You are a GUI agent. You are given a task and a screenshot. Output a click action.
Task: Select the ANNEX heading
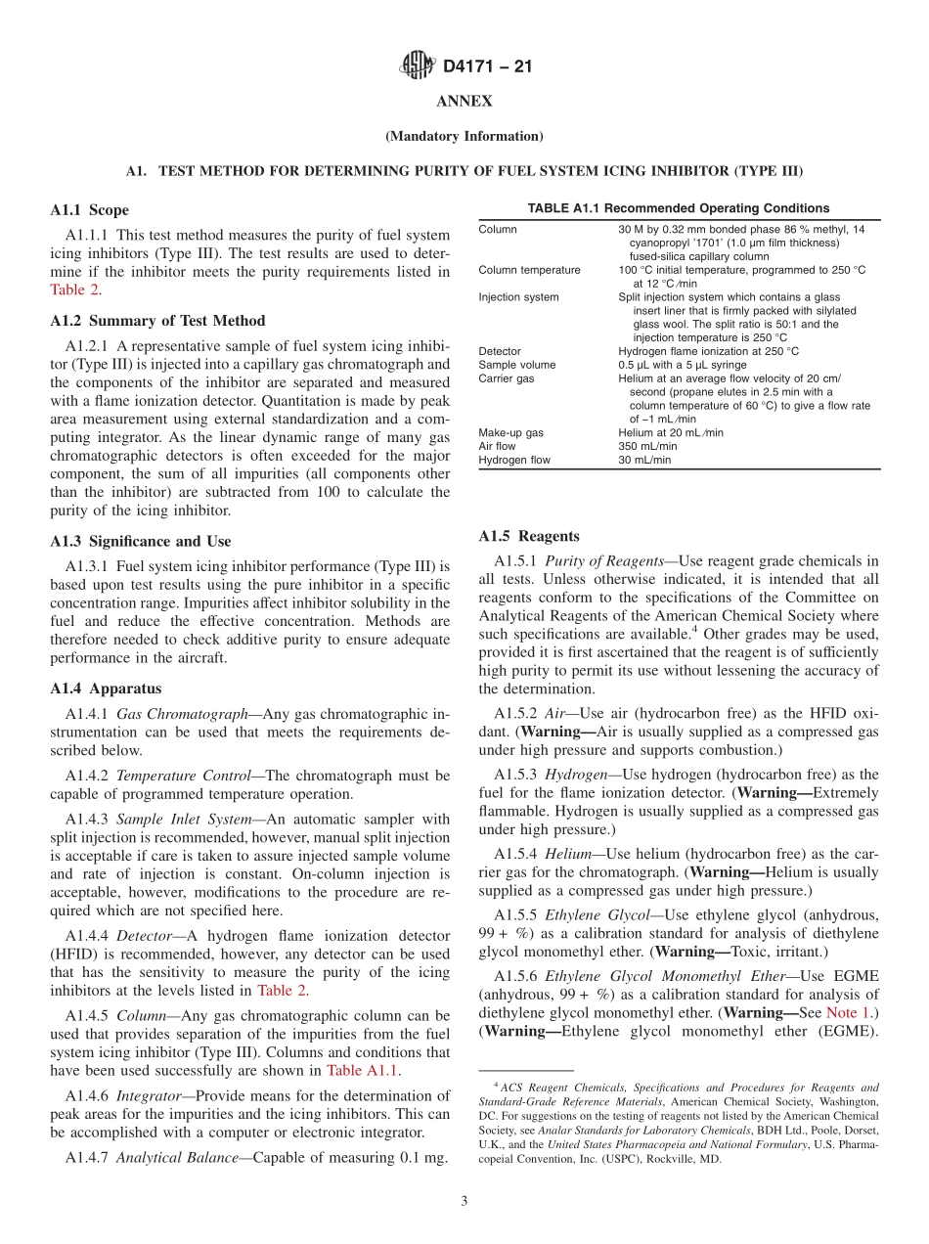(x=464, y=102)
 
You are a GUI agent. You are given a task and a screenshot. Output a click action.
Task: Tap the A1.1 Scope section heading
(x=89, y=210)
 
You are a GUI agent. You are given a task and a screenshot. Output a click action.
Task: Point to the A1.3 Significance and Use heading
(x=140, y=541)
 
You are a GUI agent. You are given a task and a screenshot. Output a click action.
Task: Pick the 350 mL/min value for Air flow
(x=646, y=446)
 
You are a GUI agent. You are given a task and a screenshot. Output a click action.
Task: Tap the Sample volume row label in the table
(x=516, y=365)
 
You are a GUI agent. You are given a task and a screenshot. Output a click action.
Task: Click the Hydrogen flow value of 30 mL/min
(x=644, y=460)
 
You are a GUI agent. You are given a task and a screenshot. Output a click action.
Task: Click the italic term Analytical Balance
(x=181, y=1158)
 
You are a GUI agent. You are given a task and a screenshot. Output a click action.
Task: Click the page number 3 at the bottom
(x=464, y=1201)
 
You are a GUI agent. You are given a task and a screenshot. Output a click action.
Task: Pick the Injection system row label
(x=518, y=297)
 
